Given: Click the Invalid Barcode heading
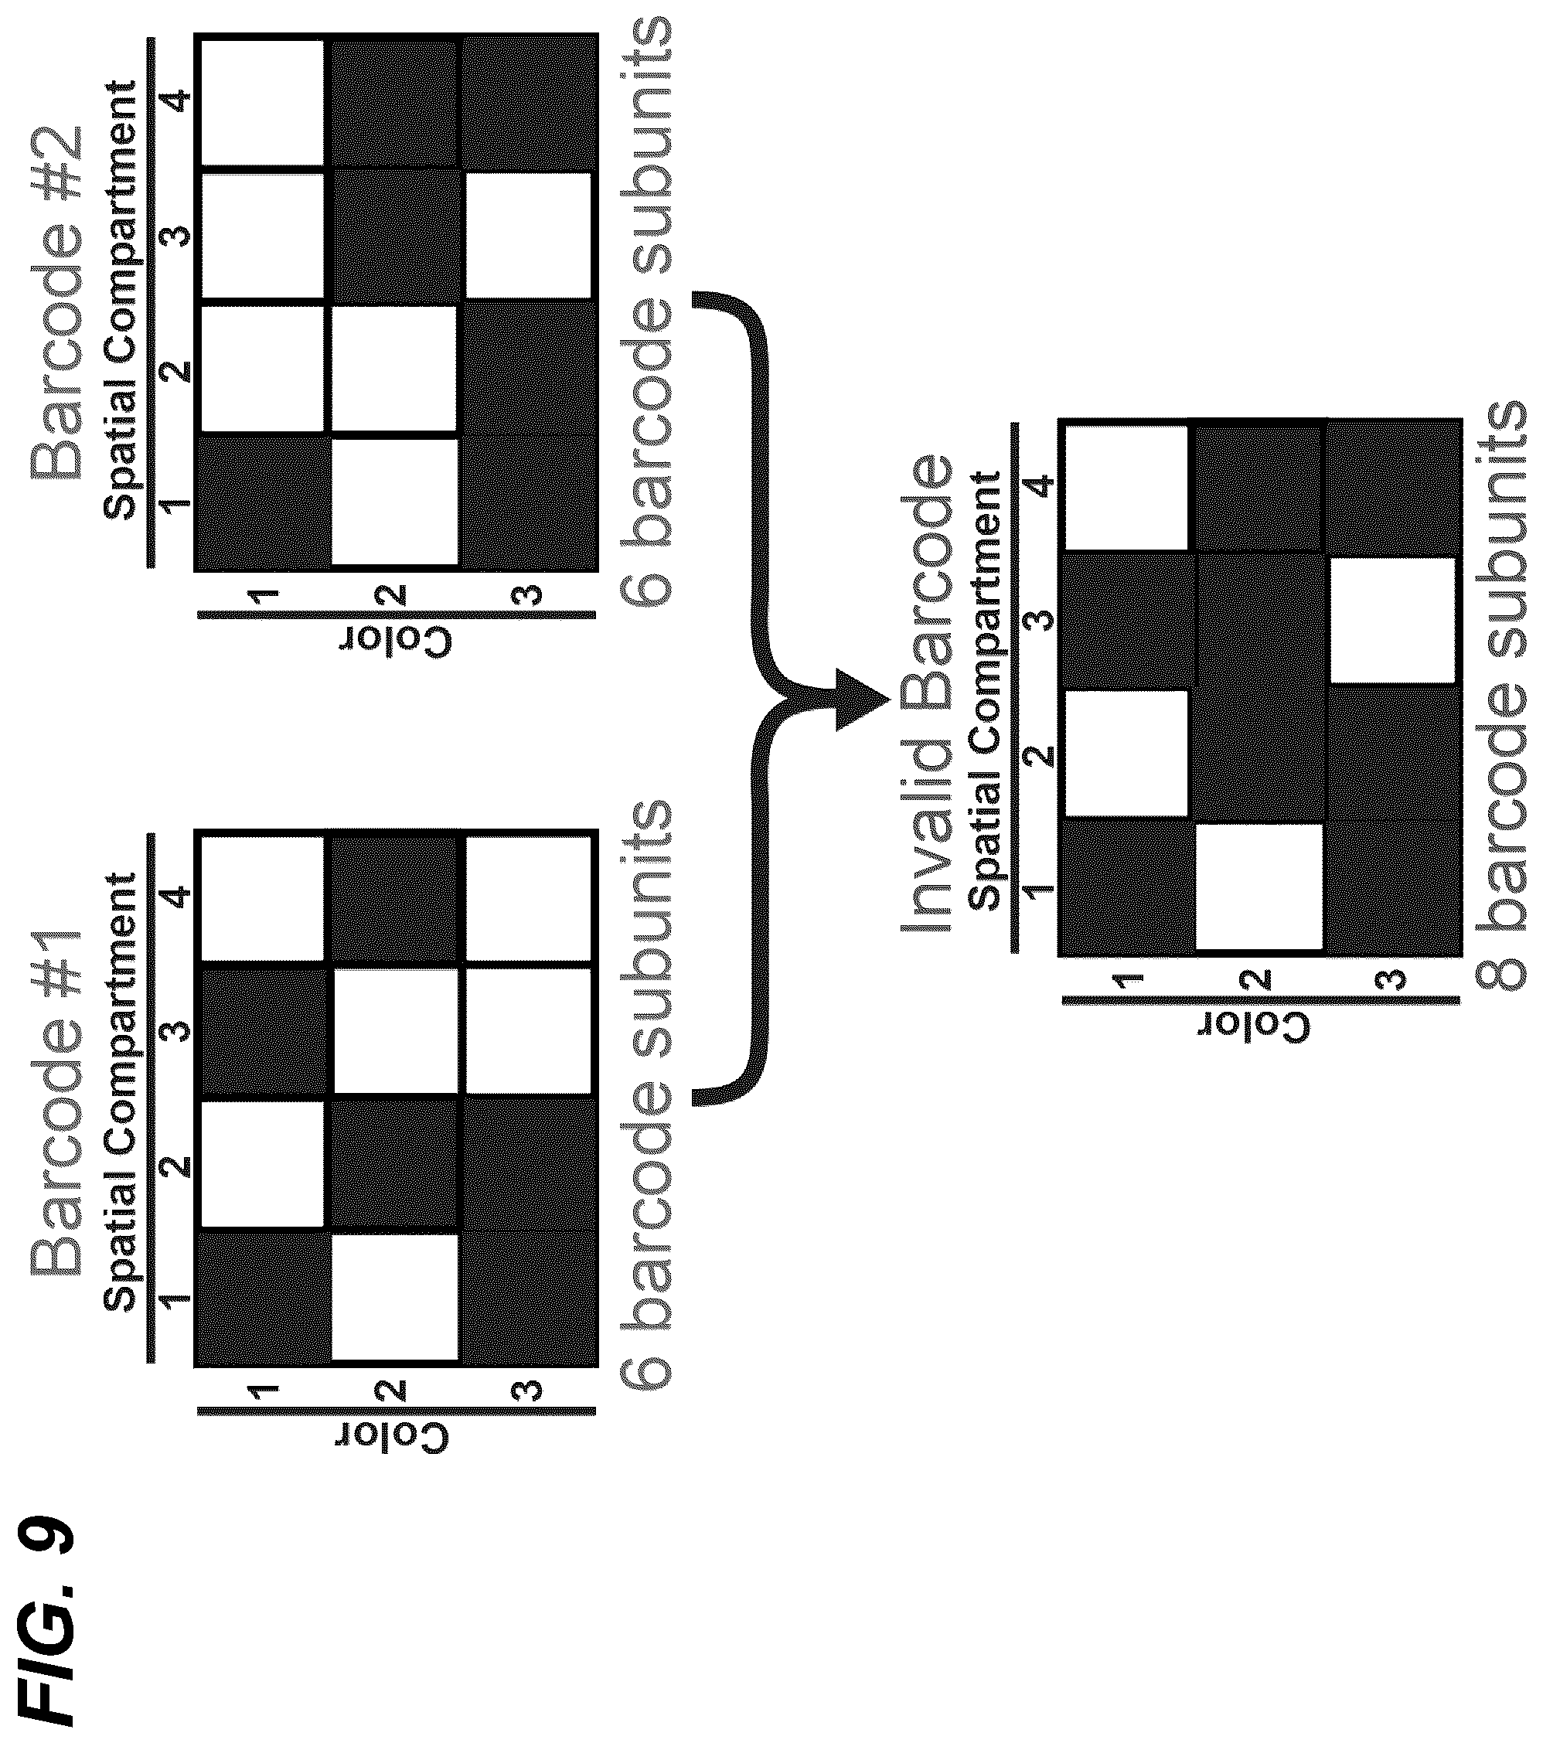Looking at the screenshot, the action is pos(926,693).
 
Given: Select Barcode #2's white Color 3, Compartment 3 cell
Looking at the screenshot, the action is pos(526,235).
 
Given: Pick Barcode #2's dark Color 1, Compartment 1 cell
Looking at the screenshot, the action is pos(264,502).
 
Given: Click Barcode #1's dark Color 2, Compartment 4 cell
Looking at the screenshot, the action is pos(395,899).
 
